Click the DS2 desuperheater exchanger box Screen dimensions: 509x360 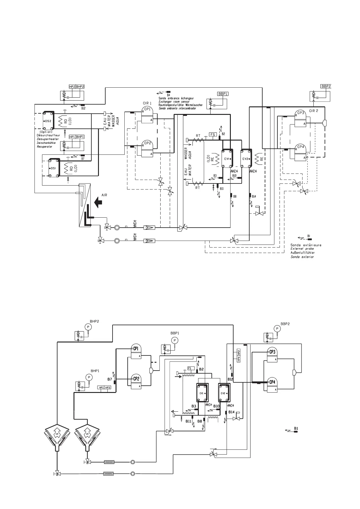48,121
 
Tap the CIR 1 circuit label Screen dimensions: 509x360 148,103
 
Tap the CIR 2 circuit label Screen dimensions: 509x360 314,111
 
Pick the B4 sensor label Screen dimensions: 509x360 169,95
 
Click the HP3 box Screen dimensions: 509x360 108,388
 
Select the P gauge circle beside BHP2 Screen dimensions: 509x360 88,327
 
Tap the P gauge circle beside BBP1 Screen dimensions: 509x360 175,340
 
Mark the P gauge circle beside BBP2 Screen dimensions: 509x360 277,329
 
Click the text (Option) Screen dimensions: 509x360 46,132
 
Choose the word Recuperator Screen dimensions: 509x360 44,147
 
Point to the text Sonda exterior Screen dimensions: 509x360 302,257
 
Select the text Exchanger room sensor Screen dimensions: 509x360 176,102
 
